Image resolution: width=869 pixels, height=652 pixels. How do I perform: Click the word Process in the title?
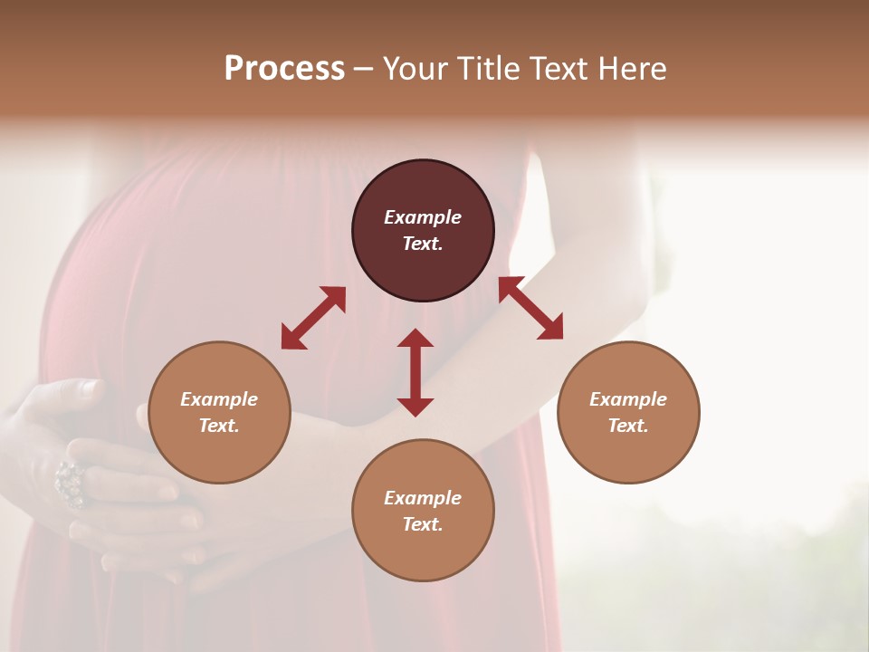coord(284,69)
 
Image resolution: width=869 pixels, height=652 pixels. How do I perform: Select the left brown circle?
coord(219,453)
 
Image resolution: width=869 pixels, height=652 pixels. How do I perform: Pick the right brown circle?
coord(628,453)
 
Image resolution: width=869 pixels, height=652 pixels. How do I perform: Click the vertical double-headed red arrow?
coord(415,372)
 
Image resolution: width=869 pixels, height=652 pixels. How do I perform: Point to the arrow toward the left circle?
coord(313,318)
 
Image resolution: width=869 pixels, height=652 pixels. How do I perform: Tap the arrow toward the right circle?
coord(530,308)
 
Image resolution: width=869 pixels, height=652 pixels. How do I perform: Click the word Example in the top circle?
coord(423,217)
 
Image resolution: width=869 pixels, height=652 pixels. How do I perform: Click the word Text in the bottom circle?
coord(423,524)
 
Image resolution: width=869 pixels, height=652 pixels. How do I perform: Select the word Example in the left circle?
coord(219,399)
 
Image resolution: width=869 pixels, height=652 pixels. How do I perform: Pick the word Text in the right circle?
coord(628,426)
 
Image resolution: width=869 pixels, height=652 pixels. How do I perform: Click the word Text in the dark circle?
coord(423,244)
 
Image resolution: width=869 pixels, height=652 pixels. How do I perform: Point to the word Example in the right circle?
coord(628,399)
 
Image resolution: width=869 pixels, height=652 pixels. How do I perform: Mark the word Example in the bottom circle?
coord(423,498)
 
